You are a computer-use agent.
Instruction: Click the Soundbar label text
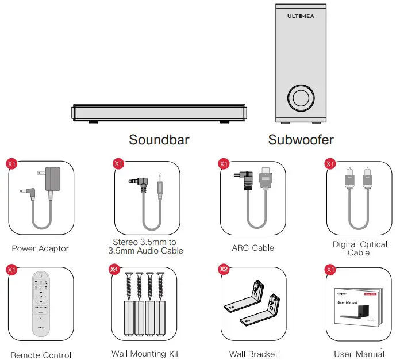[x=159, y=139]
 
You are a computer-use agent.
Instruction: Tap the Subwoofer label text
[x=301, y=139]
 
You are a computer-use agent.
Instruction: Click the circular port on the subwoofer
[x=301, y=98]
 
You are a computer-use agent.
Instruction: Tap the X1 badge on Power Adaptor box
[x=11, y=163]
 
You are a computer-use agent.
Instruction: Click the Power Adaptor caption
[x=40, y=248]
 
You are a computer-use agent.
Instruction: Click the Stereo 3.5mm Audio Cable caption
[x=148, y=246]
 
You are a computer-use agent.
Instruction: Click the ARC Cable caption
[x=253, y=248]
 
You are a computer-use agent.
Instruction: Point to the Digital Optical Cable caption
[x=360, y=248]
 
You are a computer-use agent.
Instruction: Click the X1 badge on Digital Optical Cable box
[x=330, y=163]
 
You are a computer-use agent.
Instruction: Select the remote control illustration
[x=40, y=304]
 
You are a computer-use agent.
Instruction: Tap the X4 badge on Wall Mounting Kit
[x=114, y=269]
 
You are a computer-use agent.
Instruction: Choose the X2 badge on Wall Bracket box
[x=224, y=269]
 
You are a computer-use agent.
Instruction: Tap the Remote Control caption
[x=40, y=354]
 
